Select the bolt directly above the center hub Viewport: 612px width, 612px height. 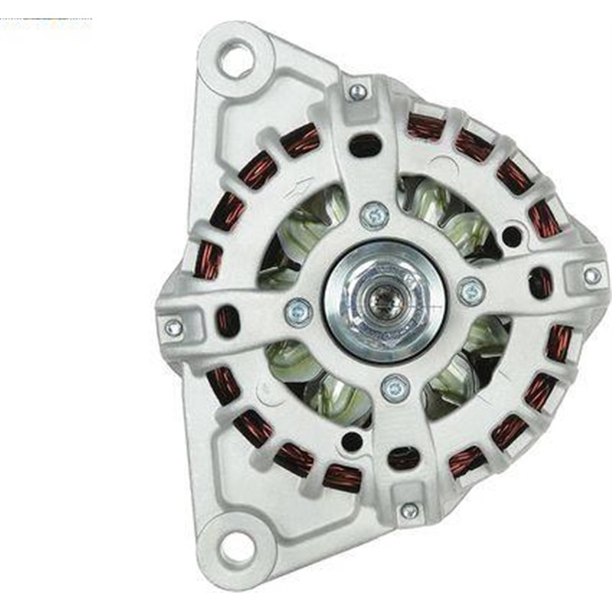[375, 215]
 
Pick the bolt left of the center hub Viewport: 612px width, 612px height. [298, 311]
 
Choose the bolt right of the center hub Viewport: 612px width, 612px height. [470, 291]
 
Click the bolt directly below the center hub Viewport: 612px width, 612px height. [394, 388]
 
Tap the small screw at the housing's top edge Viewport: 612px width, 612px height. [356, 92]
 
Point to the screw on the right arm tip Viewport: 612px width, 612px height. [591, 275]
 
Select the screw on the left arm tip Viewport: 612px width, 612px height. [174, 327]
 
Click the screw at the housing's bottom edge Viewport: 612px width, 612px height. [409, 511]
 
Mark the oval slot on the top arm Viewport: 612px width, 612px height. [365, 145]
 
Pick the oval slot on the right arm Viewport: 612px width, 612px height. [540, 282]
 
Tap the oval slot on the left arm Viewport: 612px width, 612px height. [227, 321]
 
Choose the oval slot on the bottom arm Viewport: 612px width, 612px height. [402, 457]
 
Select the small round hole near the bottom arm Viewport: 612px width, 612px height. [350, 441]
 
